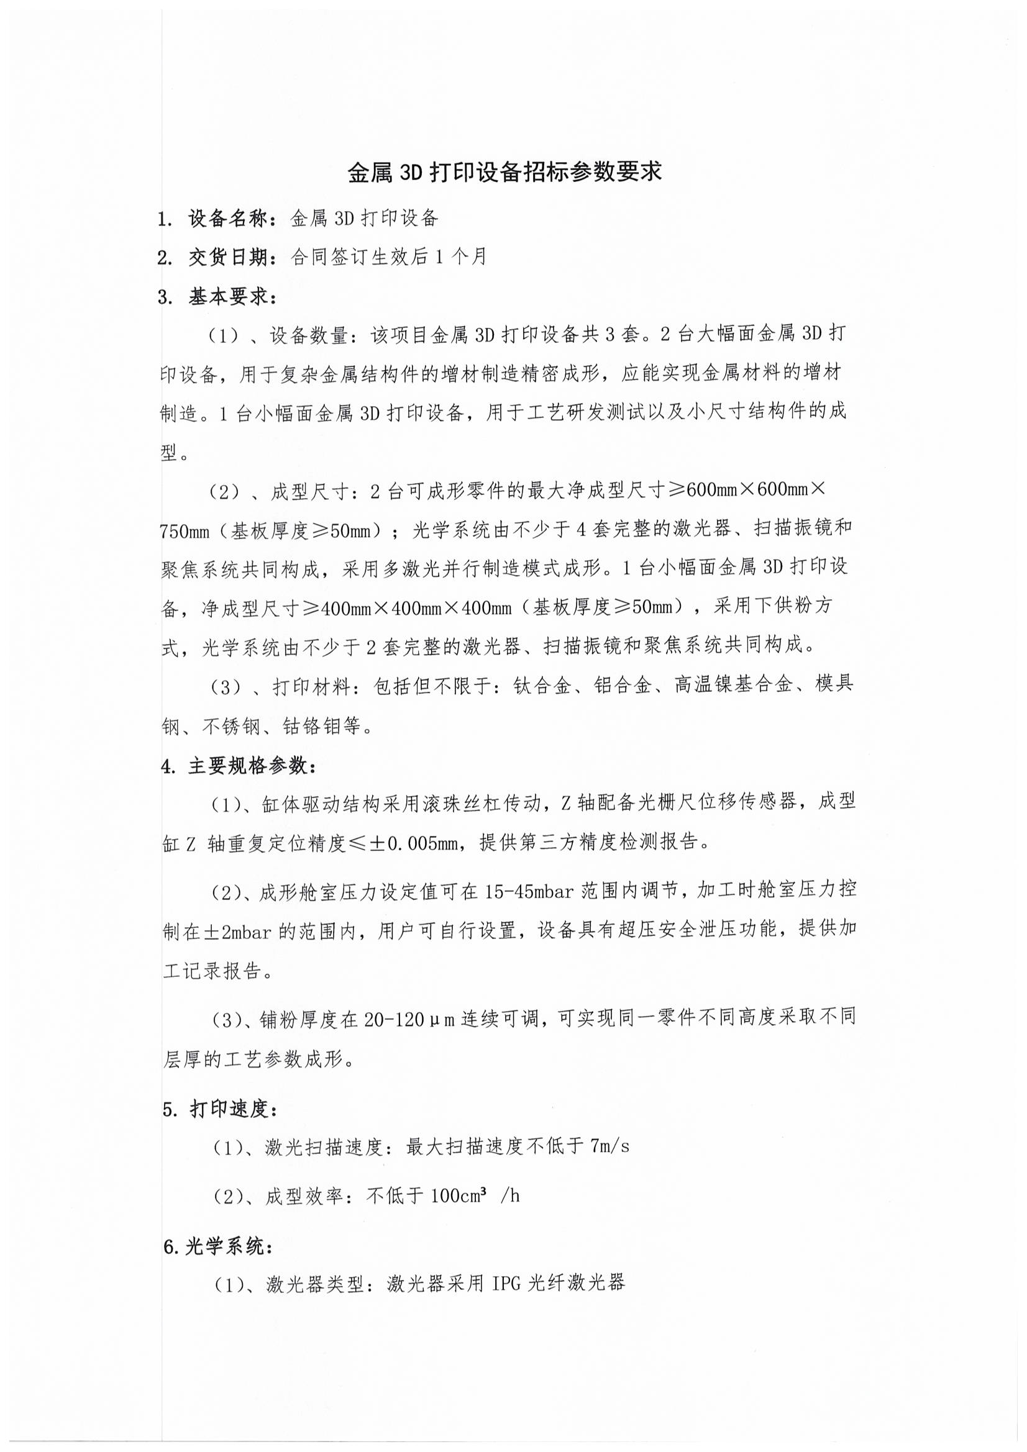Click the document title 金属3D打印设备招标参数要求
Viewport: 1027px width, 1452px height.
[504, 172]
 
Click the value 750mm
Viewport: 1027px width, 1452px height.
[184, 531]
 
